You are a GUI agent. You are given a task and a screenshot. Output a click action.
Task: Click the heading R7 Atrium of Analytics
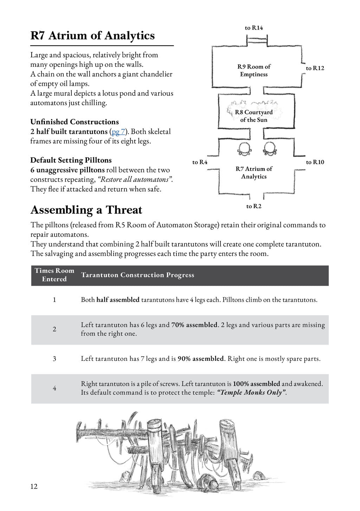92,36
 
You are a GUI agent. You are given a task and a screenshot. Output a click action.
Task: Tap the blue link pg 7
118,132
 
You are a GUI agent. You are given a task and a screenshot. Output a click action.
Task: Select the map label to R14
254,28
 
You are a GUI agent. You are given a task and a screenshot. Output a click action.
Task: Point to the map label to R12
315,68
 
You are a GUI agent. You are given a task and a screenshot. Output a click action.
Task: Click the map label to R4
200,162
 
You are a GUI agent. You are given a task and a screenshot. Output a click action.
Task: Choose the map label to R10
315,162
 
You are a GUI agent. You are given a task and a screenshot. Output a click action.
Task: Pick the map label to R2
254,206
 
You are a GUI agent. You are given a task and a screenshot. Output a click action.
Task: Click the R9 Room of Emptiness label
254,70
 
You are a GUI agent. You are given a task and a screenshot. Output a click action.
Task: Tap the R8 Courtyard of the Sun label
254,116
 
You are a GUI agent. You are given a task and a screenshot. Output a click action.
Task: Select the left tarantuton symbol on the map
244,149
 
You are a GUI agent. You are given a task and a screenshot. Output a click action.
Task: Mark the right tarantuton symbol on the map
270,149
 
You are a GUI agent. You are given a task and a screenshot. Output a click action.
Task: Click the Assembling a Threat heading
86,210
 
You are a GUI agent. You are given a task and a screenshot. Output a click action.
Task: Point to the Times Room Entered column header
54,275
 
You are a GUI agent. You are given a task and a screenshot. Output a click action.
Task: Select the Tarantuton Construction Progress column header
137,275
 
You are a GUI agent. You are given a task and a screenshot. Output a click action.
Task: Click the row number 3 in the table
54,359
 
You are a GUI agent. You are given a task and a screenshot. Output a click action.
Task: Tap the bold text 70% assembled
194,325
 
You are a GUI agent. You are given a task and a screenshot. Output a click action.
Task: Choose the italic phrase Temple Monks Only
251,392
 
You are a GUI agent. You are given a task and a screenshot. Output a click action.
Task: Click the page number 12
34,486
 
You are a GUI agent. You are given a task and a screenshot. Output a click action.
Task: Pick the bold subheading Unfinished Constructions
75,122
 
